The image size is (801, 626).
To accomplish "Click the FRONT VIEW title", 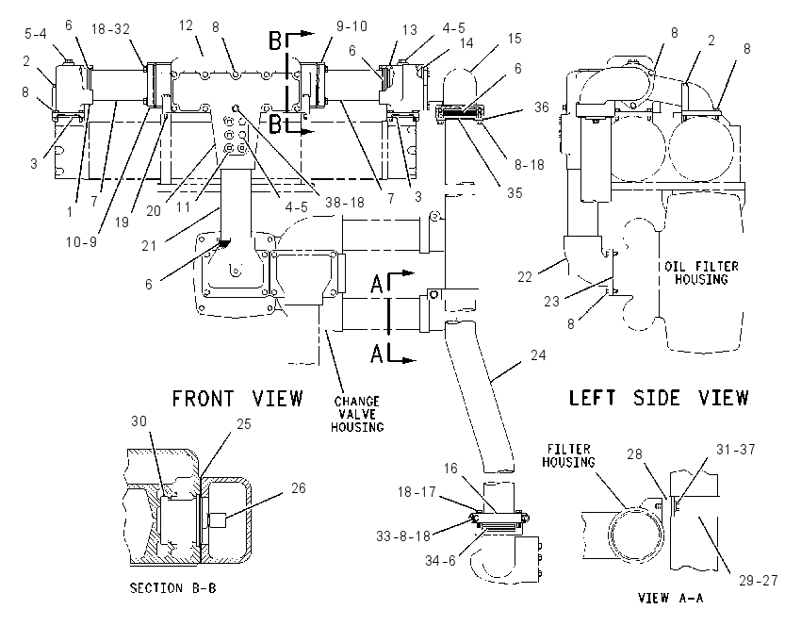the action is pos(237,399).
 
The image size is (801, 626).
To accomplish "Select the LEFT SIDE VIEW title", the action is pos(659,398).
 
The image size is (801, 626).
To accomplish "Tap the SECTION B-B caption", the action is pos(173,588).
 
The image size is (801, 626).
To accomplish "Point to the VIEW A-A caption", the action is pos(671,598).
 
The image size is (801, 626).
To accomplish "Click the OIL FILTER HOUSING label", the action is pos(701,272).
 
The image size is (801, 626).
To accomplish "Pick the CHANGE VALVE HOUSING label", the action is pos(357,414).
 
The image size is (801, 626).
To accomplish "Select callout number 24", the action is pos(538,355).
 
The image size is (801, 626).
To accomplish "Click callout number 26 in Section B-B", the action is pos(299,488).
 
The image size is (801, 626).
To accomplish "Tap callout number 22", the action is pos(525,277).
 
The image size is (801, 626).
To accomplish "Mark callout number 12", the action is pos(186,25).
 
